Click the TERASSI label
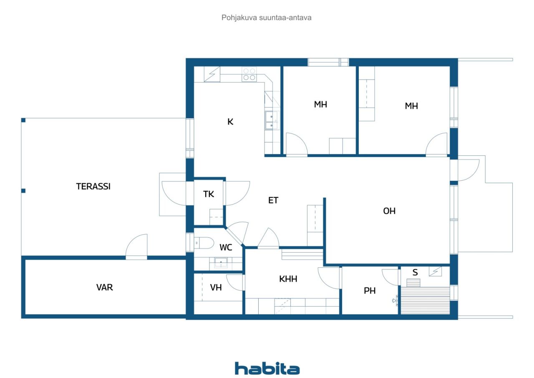pos(93,186)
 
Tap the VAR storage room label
pos(104,287)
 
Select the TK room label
pos(209,194)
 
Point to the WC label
pos(226,247)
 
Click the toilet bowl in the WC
pos(204,243)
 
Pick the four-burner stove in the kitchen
pos(249,74)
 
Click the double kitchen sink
pos(272,120)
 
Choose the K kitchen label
pos(230,122)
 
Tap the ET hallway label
pos(273,200)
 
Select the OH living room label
pos(389,211)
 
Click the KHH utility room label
pos(288,279)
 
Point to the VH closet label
pos(216,287)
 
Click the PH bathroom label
pos(370,291)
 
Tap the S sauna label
pos(415,272)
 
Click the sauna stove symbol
pos(435,271)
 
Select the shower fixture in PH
pos(395,300)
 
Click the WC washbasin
pos(221,263)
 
